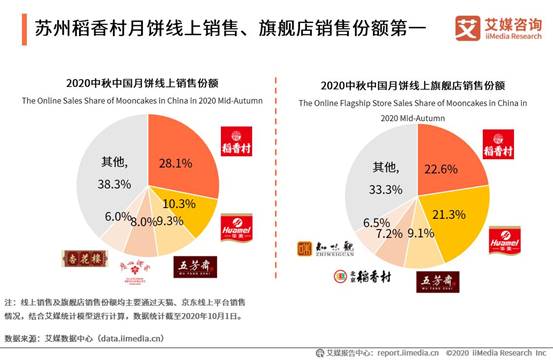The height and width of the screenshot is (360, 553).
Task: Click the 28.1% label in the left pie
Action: (176, 164)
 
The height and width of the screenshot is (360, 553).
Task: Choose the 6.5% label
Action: (376, 222)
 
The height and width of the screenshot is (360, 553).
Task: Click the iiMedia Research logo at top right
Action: (496, 27)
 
